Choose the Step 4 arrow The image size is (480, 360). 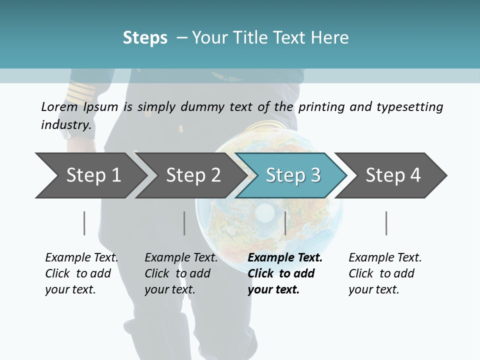[392, 175]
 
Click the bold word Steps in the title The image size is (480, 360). [145, 37]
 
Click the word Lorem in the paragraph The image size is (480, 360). [59, 106]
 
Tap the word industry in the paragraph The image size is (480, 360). [65, 124]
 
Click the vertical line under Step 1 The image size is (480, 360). [84, 223]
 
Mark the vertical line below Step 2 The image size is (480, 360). [184, 223]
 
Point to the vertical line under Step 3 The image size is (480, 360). [285, 223]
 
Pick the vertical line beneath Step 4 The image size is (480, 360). [386, 223]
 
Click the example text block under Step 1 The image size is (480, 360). [81, 273]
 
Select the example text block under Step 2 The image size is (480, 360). [181, 273]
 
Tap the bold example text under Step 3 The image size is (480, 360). [284, 273]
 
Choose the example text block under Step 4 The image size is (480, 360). [384, 273]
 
